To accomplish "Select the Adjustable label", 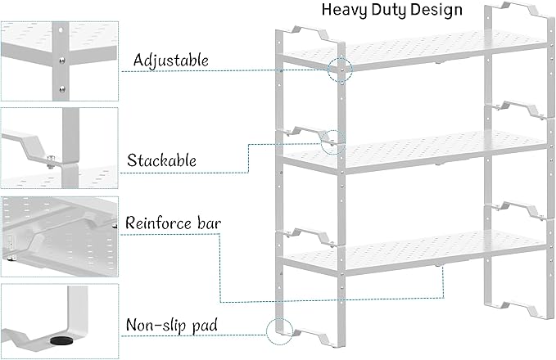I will pos(170,61).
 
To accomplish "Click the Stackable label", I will pos(161,160).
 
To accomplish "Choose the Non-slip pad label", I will pos(171,325).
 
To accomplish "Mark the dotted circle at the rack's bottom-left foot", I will pos(278,330).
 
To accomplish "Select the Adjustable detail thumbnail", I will pos(60,50).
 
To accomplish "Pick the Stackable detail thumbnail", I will pos(60,147).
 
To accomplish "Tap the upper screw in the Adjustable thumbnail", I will pos(60,59).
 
